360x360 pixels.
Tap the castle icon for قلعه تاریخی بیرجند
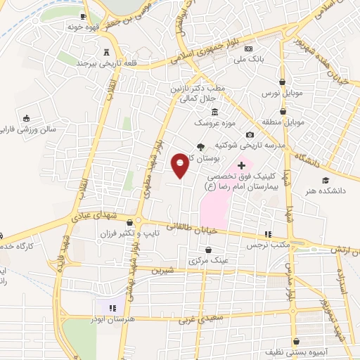107,52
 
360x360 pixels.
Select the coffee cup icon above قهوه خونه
84,15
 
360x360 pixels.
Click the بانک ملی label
249,60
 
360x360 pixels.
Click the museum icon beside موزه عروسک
214,112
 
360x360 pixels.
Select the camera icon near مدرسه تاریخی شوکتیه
250,135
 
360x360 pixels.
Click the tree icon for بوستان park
201,147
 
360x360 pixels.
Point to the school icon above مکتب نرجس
267,235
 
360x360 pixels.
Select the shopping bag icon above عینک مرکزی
209,250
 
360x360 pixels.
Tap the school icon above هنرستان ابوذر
110,307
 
